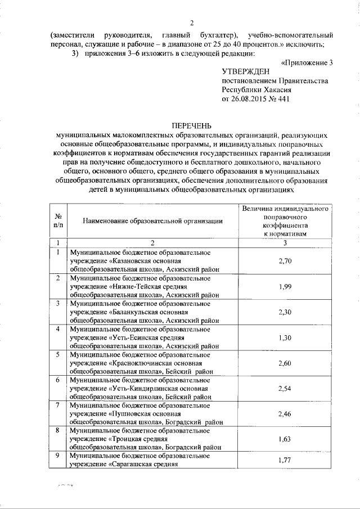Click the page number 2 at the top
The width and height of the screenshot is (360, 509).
(x=192, y=23)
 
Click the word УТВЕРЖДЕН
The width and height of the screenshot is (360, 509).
(x=246, y=71)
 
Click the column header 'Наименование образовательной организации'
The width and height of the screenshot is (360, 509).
(x=152, y=221)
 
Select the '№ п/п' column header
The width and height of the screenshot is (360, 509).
(x=58, y=220)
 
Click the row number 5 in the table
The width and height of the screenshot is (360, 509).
(x=58, y=355)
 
